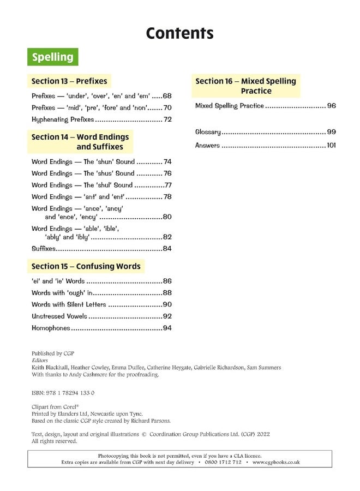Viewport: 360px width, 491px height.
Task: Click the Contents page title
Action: click(179, 33)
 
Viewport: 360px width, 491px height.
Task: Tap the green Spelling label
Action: click(52, 57)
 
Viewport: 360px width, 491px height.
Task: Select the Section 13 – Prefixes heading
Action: click(69, 81)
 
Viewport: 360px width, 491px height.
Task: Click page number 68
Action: click(167, 95)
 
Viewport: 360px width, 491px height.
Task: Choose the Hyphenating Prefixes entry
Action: click(63, 119)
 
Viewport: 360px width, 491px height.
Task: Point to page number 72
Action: click(167, 119)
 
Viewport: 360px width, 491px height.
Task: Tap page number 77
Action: click(167, 185)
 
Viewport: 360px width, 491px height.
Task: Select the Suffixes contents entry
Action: click(44, 249)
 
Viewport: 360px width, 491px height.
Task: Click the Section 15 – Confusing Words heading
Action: click(86, 266)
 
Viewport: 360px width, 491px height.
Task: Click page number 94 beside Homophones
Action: click(167, 328)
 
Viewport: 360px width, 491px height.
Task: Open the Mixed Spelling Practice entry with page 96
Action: click(230, 106)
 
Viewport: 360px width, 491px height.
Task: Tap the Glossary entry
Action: click(208, 132)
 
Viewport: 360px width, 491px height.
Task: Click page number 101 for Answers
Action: click(331, 146)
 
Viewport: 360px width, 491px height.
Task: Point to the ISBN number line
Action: click(63, 393)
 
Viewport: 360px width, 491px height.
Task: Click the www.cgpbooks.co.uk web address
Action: click(276, 462)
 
